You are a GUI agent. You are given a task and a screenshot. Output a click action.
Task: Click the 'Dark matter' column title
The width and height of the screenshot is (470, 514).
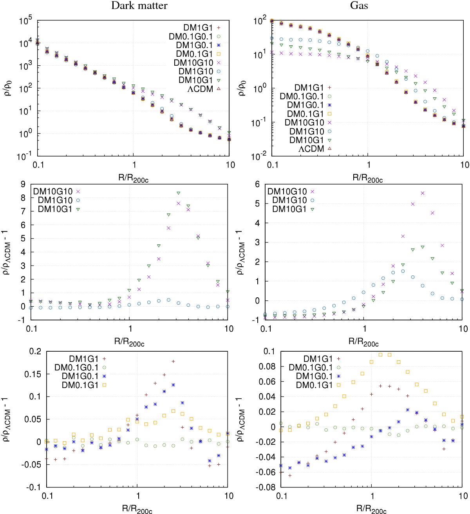coord(134,5)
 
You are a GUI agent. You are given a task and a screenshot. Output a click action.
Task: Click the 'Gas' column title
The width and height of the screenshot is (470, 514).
coord(367,5)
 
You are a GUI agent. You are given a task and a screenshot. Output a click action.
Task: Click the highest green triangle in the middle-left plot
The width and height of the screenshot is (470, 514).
coord(178,193)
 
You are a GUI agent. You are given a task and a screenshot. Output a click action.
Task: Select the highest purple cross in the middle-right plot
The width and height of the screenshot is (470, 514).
coord(423,193)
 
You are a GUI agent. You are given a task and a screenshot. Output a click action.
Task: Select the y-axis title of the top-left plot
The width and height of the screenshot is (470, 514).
coord(9,88)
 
